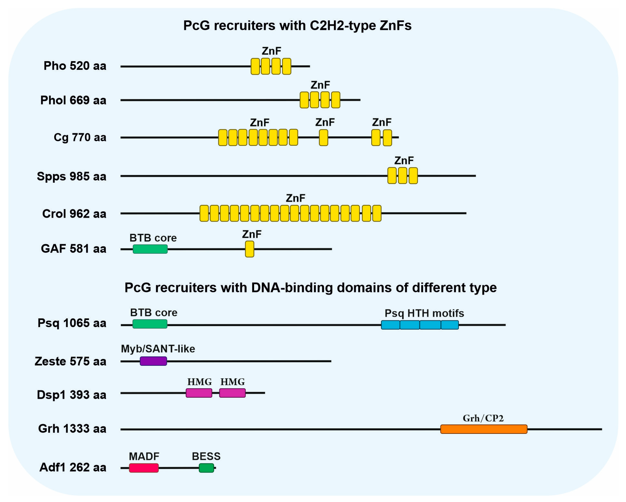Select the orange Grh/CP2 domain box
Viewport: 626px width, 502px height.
tap(483, 429)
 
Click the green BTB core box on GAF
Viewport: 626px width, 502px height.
tap(150, 249)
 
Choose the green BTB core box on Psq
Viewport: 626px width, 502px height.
tap(150, 324)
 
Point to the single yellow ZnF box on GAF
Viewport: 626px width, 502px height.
tap(249, 249)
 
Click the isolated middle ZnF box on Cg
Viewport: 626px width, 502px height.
tap(324, 137)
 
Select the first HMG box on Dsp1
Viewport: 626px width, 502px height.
tap(199, 393)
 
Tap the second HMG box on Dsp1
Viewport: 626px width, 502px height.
tap(232, 393)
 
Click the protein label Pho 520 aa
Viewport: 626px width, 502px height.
tap(75, 66)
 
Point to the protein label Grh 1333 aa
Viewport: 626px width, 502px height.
tap(72, 428)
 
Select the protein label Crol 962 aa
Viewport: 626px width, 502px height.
tap(74, 214)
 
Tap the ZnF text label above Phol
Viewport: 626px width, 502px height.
tap(320, 85)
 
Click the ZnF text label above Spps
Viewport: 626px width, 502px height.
tap(404, 160)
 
